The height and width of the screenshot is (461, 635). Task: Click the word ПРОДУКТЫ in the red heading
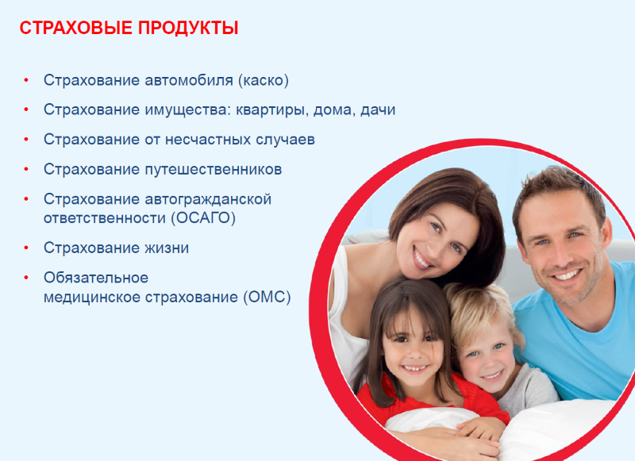click(188, 28)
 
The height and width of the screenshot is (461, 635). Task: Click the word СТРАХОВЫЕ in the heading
click(75, 28)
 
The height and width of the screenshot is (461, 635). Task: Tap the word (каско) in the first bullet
click(264, 80)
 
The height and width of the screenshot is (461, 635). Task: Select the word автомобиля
click(189, 80)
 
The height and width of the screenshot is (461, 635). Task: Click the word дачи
click(378, 110)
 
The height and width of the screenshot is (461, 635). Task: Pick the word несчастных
click(208, 140)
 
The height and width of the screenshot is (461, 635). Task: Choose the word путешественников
click(213, 169)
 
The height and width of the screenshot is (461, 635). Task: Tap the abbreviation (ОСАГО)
click(203, 218)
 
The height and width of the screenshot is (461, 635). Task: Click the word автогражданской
click(208, 199)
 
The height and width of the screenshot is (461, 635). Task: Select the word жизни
click(167, 248)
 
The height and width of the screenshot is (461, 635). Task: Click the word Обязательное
click(96, 278)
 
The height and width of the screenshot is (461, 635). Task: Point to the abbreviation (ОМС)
click(267, 297)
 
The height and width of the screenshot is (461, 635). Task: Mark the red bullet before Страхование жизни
click(26, 248)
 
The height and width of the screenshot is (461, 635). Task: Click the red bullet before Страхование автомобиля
click(26, 80)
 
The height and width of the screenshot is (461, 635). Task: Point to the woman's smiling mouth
click(422, 258)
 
